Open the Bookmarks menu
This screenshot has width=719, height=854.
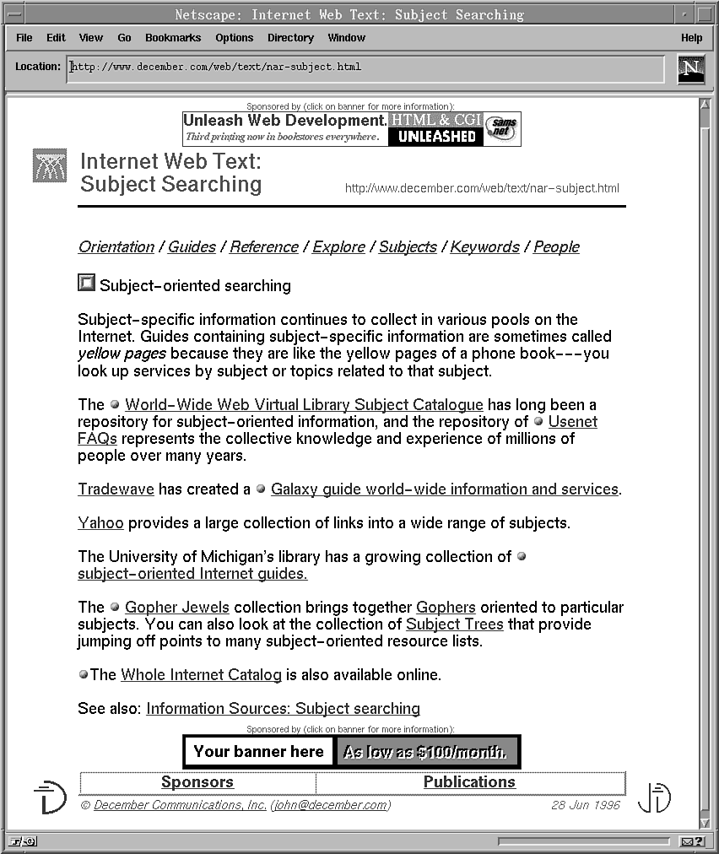pos(173,38)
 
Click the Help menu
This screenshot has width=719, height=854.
pos(691,38)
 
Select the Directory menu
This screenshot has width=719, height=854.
pos(290,38)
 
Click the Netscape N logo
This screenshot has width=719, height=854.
pos(691,69)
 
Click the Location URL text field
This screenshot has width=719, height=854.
pos(363,68)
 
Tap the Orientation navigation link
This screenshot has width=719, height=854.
pos(116,247)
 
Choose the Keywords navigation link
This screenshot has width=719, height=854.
pos(484,247)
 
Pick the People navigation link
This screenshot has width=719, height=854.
pos(556,247)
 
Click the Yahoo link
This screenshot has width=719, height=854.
pos(100,523)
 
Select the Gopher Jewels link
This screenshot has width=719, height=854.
pos(177,608)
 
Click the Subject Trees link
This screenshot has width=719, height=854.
pos(454,624)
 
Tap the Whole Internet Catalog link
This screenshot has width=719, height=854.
pos(201,675)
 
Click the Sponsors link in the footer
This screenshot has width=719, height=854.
pos(197,782)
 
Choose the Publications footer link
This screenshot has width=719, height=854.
pos(469,782)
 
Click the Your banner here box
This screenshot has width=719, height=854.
pos(258,752)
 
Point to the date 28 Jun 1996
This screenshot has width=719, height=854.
pos(586,805)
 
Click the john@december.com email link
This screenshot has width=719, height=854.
pos(330,805)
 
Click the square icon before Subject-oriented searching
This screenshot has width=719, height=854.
pos(86,284)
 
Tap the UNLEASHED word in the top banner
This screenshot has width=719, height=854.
pos(436,137)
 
